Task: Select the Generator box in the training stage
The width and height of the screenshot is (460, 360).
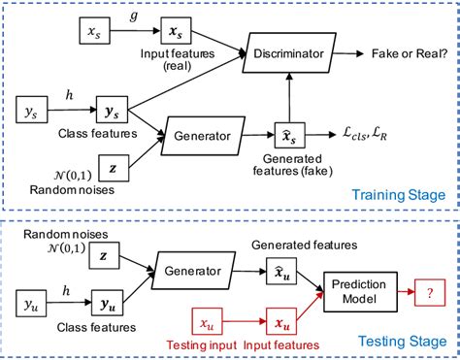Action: click(x=209, y=133)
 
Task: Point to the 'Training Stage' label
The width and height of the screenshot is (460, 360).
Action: click(x=399, y=195)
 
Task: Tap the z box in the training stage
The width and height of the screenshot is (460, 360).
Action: click(x=113, y=168)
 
